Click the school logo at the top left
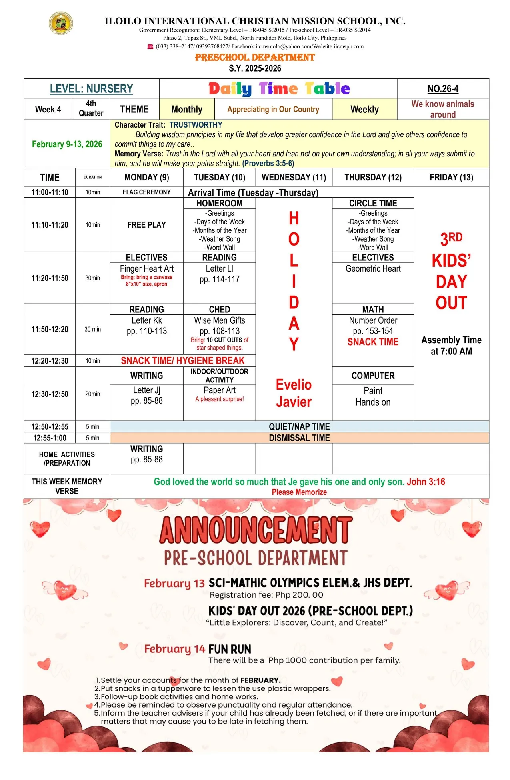click(x=61, y=23)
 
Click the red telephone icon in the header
click(x=150, y=47)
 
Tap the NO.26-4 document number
click(x=443, y=89)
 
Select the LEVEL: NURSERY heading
click(x=91, y=89)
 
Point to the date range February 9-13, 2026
click(x=67, y=144)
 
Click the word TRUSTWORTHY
click(x=196, y=125)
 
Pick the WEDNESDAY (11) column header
click(x=294, y=177)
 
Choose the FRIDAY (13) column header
click(x=451, y=177)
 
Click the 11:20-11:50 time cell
click(x=50, y=278)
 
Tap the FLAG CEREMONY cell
click(x=146, y=192)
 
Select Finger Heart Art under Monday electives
click(x=146, y=269)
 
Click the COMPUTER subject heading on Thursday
click(x=373, y=376)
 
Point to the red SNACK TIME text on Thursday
click(x=373, y=342)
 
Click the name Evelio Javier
click(x=294, y=393)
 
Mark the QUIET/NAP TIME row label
click(x=299, y=427)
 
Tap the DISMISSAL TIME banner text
click(x=299, y=438)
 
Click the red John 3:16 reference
click(x=426, y=482)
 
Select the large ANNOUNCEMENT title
click(x=256, y=530)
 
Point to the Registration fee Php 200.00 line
click(x=266, y=595)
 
